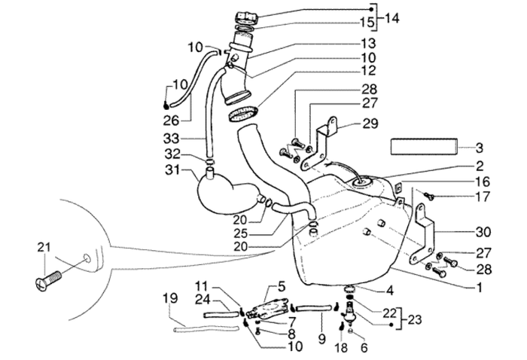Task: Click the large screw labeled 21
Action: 47,283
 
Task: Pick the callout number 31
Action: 172,172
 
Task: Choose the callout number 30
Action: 460,233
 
